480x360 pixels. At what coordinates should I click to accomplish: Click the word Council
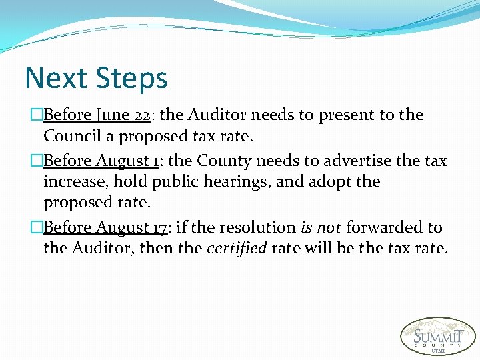click(x=71, y=136)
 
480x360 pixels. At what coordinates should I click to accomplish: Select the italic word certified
click(x=237, y=249)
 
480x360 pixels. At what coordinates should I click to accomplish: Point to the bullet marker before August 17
click(x=37, y=228)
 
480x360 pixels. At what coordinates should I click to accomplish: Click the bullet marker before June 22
click(x=37, y=115)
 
